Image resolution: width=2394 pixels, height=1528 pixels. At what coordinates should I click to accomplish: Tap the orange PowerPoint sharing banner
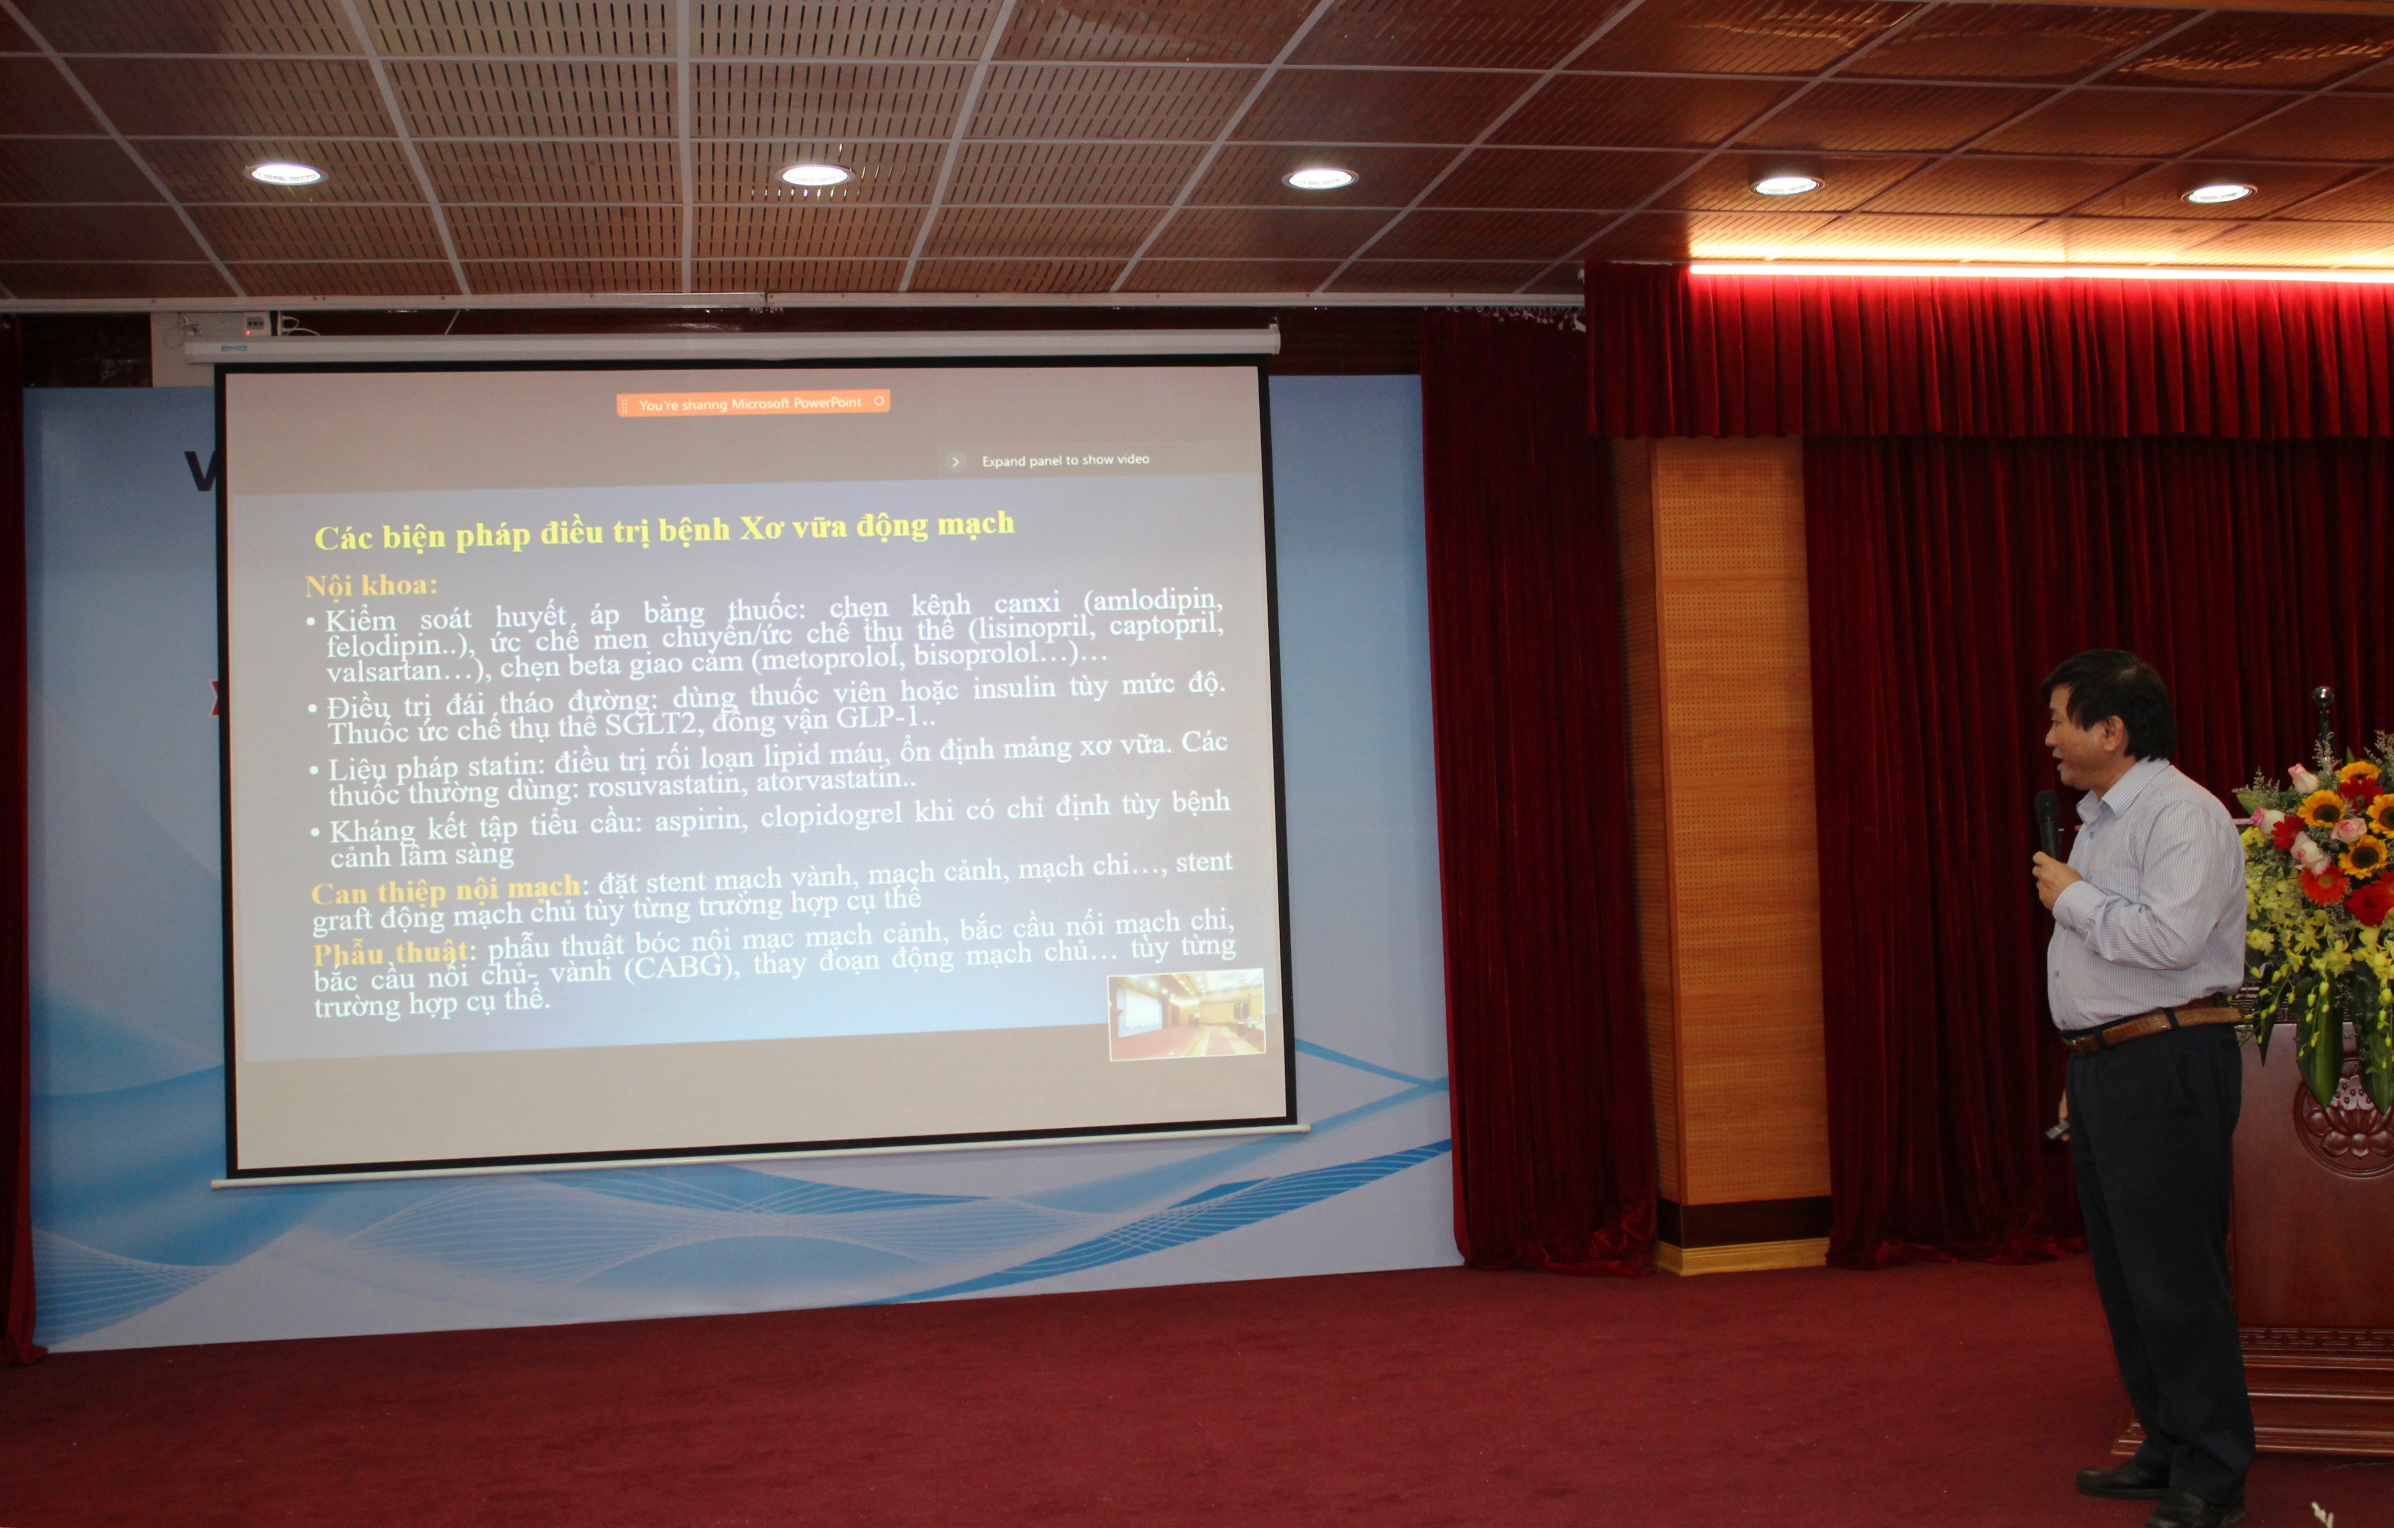tap(753, 403)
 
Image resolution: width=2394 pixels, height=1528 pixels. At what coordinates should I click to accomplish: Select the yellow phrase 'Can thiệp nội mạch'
tap(446, 890)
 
